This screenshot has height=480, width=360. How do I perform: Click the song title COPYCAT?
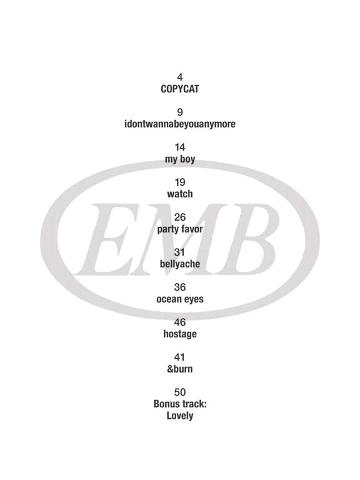point(180,89)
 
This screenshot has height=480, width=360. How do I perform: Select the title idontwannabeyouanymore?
point(180,124)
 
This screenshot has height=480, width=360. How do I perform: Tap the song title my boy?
point(180,159)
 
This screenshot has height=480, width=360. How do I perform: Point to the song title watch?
point(180,194)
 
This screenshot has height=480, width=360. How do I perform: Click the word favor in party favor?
point(192,229)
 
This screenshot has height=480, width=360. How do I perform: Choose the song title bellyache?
point(180,264)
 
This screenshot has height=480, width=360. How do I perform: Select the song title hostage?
point(180,334)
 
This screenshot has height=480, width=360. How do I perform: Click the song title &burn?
point(180,369)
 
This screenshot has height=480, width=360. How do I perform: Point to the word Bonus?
point(167,404)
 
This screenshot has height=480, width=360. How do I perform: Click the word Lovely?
point(180,416)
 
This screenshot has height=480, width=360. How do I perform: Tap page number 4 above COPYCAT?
point(180,77)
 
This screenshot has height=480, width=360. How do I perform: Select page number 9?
point(180,112)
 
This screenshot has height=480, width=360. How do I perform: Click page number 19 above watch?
point(180,182)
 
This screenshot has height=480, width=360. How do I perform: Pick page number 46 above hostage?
point(180,322)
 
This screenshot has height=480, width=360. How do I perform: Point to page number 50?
point(180,392)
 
